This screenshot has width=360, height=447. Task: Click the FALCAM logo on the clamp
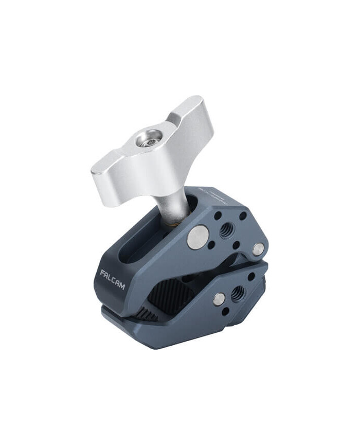(x=113, y=279)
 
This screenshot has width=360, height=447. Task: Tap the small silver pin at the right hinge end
(x=259, y=249)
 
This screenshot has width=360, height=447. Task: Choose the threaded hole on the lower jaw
(x=238, y=294)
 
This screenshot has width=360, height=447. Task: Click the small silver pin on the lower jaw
(x=220, y=299)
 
